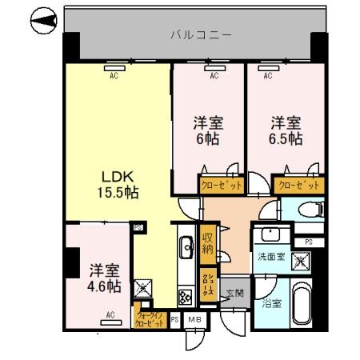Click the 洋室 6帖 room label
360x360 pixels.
point(208,130)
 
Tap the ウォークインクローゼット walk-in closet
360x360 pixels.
point(152,319)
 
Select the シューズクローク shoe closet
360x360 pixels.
point(207,285)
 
